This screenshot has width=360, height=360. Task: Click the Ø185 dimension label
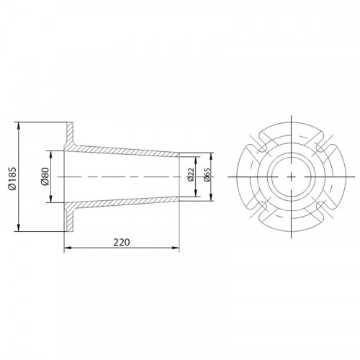pos(12,179)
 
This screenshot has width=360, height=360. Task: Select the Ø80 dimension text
pos(45,176)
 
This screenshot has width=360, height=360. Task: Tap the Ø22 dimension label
pos(190,175)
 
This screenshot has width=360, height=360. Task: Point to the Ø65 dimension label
pos(206,175)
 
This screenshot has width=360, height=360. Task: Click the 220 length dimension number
pos(122,243)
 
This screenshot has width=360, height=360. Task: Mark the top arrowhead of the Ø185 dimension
pos(19,125)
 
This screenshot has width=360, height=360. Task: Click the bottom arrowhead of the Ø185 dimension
pos(19,228)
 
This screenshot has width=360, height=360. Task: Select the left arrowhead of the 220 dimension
pos(68,248)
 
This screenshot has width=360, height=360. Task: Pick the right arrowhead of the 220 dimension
pos(176,248)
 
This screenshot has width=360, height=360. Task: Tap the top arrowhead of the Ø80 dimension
pos(50,154)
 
